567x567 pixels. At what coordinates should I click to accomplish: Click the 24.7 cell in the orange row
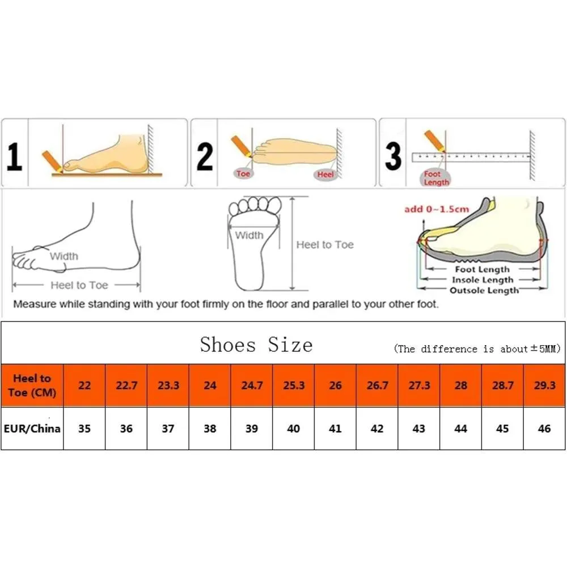(x=252, y=386)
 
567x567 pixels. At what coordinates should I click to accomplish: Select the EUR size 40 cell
(x=294, y=429)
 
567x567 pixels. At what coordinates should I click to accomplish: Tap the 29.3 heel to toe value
(x=544, y=386)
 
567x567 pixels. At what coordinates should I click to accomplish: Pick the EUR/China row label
(x=32, y=429)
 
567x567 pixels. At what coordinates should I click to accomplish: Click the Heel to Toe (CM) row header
(x=32, y=386)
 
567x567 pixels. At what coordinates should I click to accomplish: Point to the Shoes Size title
(x=256, y=345)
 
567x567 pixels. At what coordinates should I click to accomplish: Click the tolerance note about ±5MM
(x=477, y=349)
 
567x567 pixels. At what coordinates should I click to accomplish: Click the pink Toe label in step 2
(x=243, y=174)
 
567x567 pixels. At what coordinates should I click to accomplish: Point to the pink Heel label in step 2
(x=325, y=175)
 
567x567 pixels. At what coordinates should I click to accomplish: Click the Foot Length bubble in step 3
(x=435, y=178)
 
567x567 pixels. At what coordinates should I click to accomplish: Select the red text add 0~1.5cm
(x=437, y=209)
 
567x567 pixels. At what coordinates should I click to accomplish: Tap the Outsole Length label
(x=484, y=291)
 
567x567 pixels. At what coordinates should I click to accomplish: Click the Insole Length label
(x=483, y=280)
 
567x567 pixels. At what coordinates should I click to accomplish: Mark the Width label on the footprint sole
(x=249, y=235)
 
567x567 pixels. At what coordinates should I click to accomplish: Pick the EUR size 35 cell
(x=84, y=429)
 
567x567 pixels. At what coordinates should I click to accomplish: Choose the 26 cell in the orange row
(x=335, y=386)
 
